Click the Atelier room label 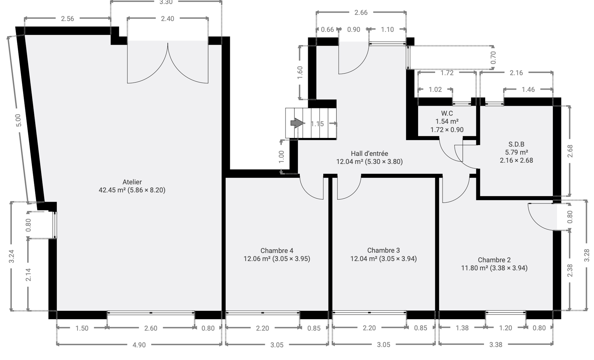click(x=132, y=182)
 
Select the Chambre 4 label click(x=277, y=250)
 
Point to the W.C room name click(x=447, y=113)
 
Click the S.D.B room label click(x=516, y=144)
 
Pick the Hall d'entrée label click(x=369, y=154)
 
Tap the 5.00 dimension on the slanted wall click(x=18, y=120)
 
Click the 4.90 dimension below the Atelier click(x=139, y=345)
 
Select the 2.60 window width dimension click(x=151, y=328)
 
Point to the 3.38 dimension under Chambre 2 click(x=496, y=345)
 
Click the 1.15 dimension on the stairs click(x=317, y=124)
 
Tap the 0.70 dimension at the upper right click(x=493, y=58)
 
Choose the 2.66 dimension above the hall click(x=361, y=13)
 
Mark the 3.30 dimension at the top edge click(x=166, y=2)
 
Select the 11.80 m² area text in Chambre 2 click(x=474, y=268)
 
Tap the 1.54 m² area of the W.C click(x=447, y=121)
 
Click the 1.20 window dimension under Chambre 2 click(x=506, y=328)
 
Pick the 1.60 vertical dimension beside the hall click(x=300, y=72)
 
